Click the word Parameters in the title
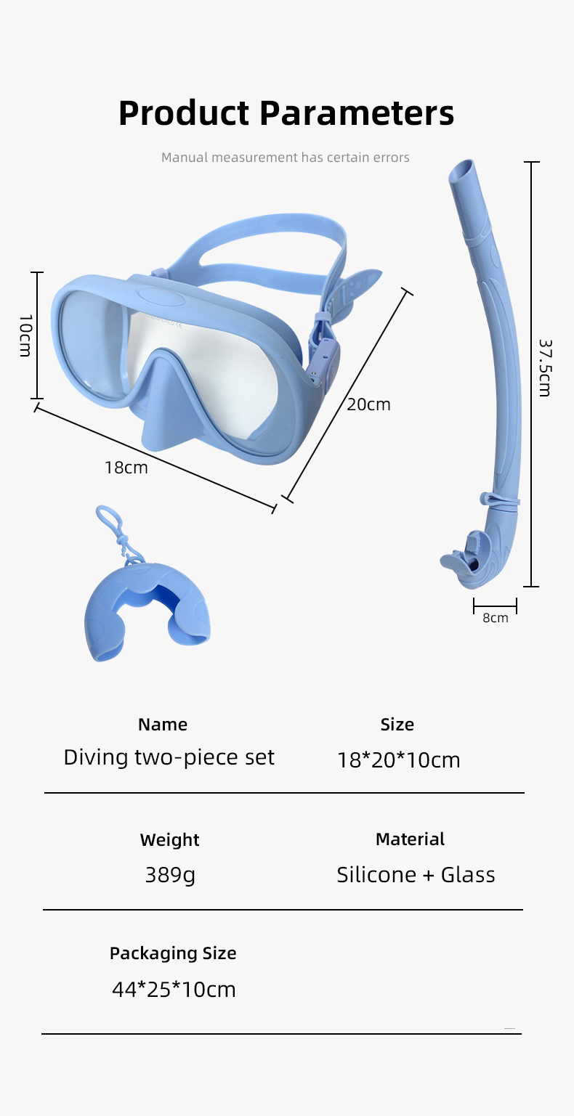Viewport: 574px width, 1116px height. [x=357, y=113]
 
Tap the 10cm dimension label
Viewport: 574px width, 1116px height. [x=25, y=335]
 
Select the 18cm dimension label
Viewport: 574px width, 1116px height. [x=126, y=468]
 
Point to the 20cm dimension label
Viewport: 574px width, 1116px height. [x=368, y=404]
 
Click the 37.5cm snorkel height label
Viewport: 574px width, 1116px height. [x=545, y=367]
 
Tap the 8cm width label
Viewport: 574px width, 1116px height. [x=496, y=618]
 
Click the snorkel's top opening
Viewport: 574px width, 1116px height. [x=462, y=172]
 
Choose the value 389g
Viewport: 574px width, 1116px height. [x=170, y=875]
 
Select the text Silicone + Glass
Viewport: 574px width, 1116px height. [x=416, y=875]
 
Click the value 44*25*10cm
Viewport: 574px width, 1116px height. [x=174, y=990]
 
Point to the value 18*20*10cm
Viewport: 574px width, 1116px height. [x=398, y=760]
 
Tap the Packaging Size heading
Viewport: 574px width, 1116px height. [x=173, y=953]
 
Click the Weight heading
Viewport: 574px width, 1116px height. [x=169, y=840]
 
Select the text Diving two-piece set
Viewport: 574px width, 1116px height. [x=169, y=758]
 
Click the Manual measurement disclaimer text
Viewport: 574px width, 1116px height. [x=286, y=158]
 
